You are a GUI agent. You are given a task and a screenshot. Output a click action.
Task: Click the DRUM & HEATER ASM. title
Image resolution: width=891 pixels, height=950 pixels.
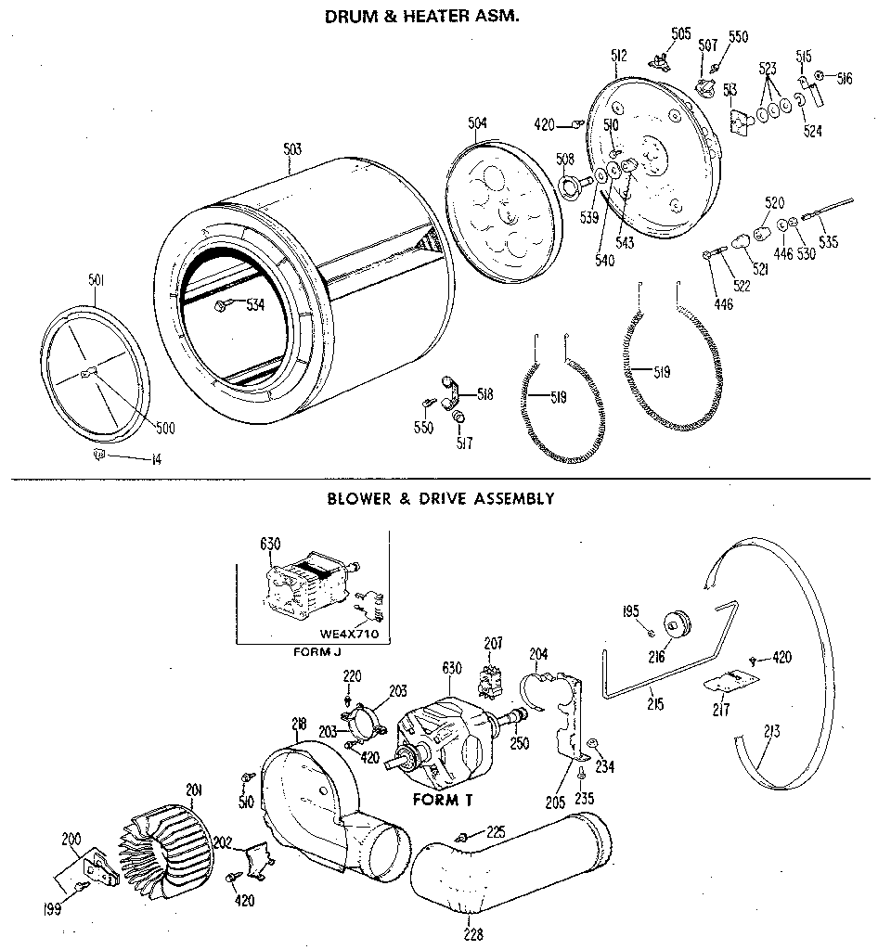pos(420,16)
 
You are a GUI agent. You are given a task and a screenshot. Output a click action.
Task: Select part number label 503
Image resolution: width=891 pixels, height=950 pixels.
pos(291,148)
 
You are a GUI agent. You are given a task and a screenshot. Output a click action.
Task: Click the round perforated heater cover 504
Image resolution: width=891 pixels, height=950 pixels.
pos(501,209)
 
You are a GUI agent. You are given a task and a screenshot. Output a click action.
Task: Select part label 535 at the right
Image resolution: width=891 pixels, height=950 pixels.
pos(828,243)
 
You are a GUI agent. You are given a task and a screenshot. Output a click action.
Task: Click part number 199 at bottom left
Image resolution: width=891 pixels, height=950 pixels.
pos(53,909)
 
